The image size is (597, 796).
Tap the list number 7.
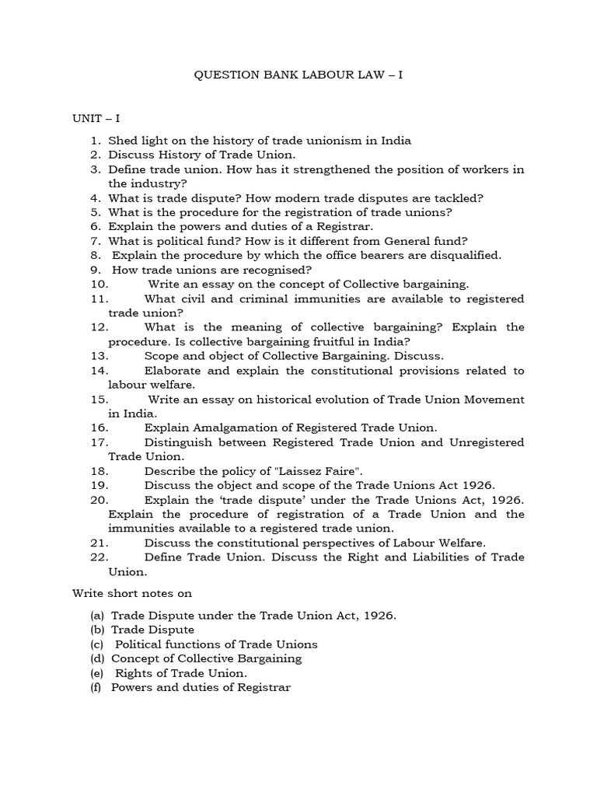coord(96,241)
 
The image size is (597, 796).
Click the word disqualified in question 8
coord(462,255)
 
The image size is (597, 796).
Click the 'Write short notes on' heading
coord(132,593)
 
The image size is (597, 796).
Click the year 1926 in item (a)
coord(378,615)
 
